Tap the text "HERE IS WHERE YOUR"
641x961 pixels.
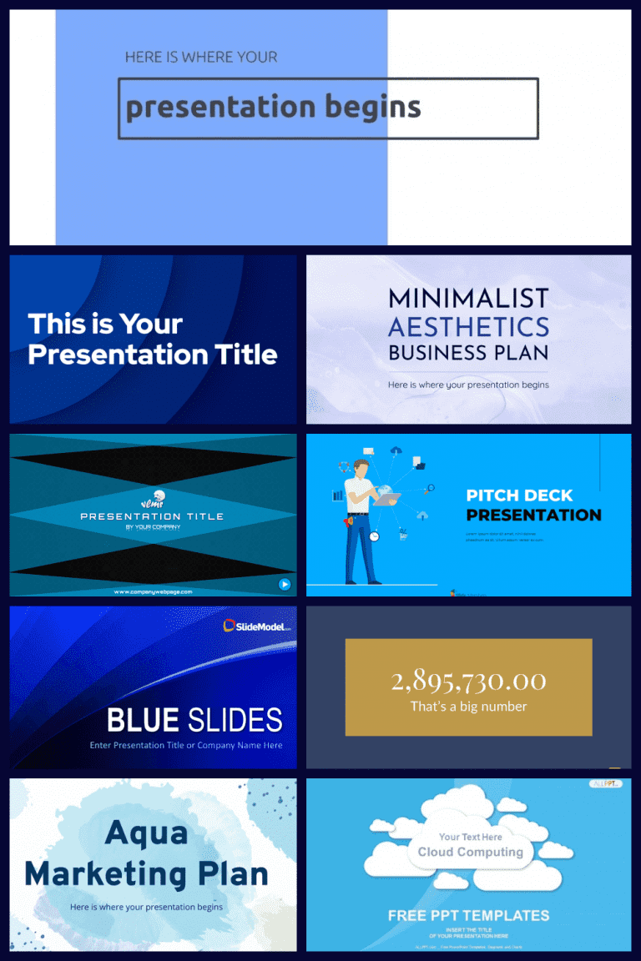(201, 58)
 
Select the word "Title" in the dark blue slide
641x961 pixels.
(242, 354)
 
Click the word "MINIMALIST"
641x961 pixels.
(468, 299)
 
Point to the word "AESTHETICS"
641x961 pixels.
(468, 325)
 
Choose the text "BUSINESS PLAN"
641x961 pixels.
(468, 352)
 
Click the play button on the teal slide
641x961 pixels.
(285, 584)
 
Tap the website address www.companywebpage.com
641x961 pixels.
(153, 591)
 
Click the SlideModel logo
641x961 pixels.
(258, 626)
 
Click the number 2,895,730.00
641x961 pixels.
(468, 681)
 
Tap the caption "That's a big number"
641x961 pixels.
(468, 707)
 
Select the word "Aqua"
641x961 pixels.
(147, 832)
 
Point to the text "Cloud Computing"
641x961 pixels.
(471, 852)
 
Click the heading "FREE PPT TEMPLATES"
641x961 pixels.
(468, 915)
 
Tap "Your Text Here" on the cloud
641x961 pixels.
(471, 837)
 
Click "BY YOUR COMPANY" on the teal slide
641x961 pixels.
(153, 527)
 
